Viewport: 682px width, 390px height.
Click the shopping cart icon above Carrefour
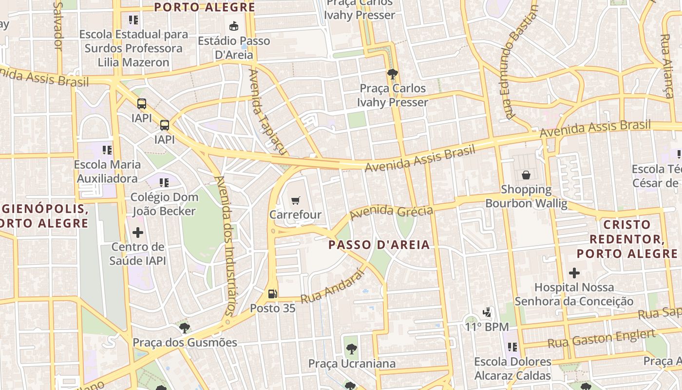click(295, 200)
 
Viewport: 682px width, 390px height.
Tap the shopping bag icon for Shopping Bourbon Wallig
click(526, 175)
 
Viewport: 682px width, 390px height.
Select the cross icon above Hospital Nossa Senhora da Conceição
click(574, 273)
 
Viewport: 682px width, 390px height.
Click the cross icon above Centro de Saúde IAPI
click(138, 232)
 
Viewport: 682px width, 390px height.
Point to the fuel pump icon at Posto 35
click(273, 293)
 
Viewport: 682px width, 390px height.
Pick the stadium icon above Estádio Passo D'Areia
click(234, 26)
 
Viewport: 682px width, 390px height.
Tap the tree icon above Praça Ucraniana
click(351, 349)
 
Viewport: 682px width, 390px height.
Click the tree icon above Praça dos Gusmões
click(185, 328)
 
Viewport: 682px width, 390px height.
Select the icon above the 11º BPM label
click(486, 312)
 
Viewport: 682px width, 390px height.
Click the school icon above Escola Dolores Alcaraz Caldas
click(512, 347)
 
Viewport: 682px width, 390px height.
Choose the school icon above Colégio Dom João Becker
click(164, 183)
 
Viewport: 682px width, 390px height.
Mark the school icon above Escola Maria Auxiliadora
click(107, 150)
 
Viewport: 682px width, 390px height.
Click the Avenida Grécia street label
click(391, 212)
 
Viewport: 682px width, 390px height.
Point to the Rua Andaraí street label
click(333, 287)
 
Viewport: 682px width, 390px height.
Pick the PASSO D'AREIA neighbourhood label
click(379, 245)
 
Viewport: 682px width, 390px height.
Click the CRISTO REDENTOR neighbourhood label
click(627, 239)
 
